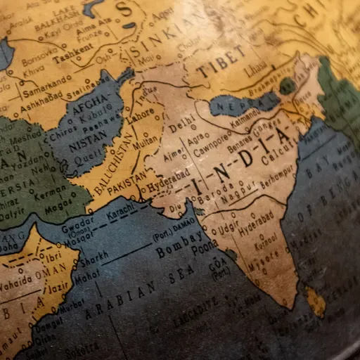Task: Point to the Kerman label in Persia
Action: pyautogui.click(x=51, y=191)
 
